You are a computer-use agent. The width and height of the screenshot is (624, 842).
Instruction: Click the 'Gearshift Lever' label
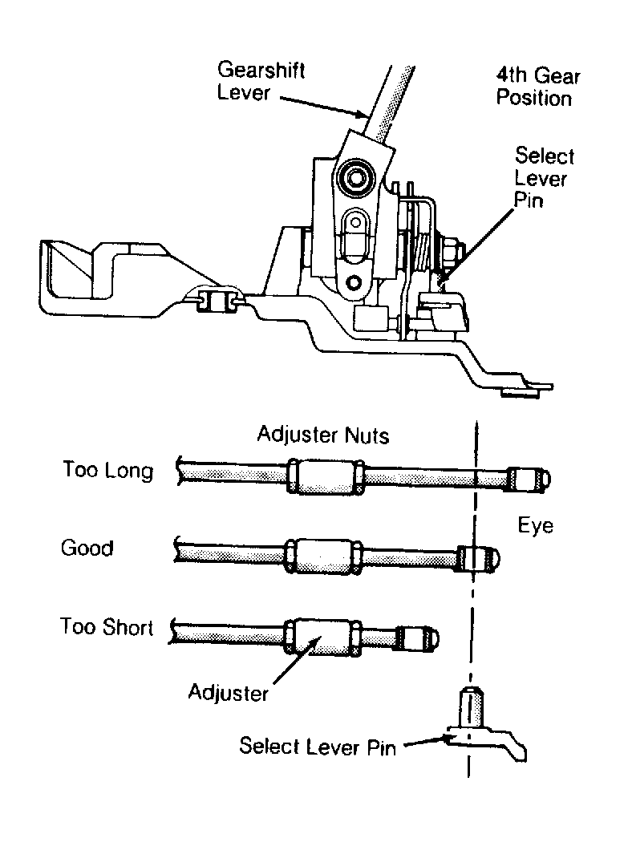(261, 81)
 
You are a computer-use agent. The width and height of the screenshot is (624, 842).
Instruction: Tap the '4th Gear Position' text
(537, 87)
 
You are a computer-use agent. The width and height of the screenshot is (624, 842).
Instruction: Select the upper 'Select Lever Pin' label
(544, 177)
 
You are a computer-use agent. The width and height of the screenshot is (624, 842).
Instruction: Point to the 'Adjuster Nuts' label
(322, 435)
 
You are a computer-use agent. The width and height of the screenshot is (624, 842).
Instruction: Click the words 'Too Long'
(108, 470)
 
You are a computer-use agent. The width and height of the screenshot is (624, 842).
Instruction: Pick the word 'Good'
(87, 549)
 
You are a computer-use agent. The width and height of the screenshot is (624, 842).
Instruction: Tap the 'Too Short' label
(107, 626)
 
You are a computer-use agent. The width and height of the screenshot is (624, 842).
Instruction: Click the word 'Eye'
(536, 525)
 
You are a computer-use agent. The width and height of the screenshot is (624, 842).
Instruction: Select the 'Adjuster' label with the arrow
(229, 692)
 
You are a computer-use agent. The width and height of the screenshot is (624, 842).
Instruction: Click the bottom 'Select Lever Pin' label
(318, 747)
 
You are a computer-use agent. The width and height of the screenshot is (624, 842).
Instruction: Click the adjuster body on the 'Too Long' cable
(326, 476)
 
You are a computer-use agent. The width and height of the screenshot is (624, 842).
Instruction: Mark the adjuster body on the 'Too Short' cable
(322, 637)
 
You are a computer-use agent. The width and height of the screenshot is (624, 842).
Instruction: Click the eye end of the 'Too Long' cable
(529, 480)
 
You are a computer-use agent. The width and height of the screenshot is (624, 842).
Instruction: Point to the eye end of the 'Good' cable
(479, 558)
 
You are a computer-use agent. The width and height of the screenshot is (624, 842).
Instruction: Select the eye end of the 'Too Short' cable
(418, 638)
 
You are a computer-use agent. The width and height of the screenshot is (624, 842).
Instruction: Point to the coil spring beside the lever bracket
(422, 246)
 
